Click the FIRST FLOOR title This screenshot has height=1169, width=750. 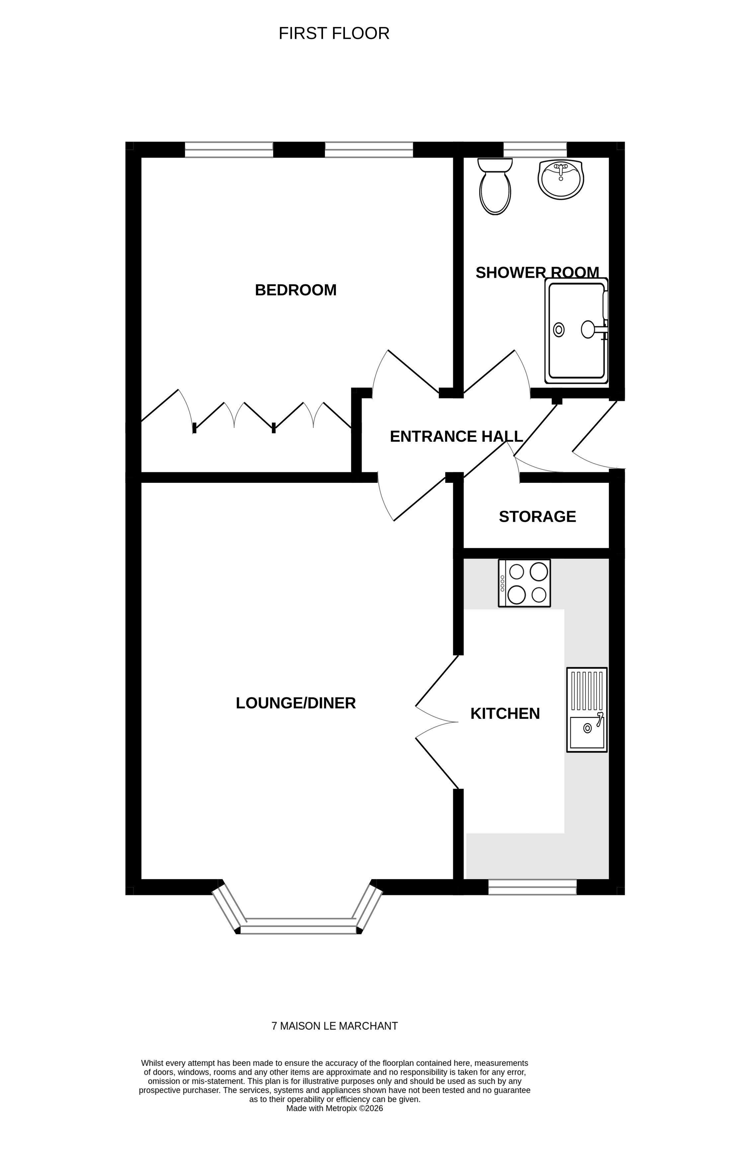coord(334,34)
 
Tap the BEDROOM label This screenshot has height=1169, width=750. coord(295,290)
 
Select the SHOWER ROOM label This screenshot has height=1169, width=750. coord(537,272)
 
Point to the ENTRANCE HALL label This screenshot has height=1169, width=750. coord(456,436)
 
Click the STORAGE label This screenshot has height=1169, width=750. coord(537,516)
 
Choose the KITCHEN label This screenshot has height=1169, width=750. coord(505,713)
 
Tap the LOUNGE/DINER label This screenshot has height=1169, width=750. coord(295,703)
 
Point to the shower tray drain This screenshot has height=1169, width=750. coord(559,330)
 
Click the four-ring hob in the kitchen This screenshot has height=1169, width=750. coord(524,583)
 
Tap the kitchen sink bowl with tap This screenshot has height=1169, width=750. coord(587,732)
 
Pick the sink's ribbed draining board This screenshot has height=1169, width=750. coord(587,691)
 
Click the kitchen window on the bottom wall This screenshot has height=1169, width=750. coord(532,887)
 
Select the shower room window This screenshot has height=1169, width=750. coord(535,149)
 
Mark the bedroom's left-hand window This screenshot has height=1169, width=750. coord(229,150)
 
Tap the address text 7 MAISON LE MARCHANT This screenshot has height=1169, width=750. coord(334,1026)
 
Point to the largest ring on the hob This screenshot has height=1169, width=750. coord(539,572)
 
